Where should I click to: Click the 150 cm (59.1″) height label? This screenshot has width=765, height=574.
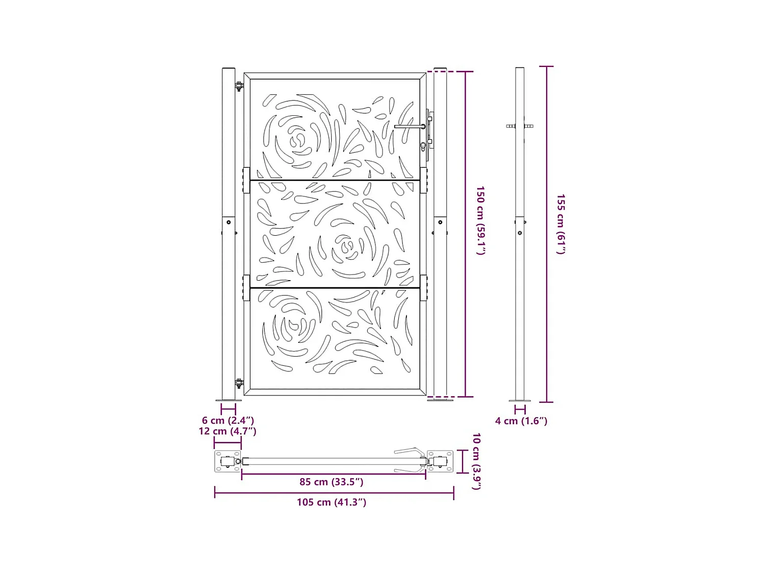[480, 220]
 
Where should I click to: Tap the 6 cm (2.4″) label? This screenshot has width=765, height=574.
[227, 420]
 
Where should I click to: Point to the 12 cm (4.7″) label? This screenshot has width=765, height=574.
[227, 431]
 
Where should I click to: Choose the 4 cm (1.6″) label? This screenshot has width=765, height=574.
[521, 421]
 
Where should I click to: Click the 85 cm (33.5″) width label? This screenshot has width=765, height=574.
[331, 482]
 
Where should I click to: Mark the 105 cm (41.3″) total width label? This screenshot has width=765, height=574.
[331, 502]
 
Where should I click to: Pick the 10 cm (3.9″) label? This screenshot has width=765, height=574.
[476, 461]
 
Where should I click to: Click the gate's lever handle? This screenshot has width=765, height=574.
[409, 127]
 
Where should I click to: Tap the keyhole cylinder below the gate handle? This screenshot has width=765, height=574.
[423, 147]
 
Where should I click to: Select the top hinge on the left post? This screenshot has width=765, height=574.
[239, 86]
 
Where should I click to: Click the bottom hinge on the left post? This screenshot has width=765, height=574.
[239, 383]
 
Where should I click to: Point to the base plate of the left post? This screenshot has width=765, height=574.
[228, 400]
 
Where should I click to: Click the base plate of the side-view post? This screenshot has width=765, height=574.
[520, 401]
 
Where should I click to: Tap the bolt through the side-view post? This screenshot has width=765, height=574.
[520, 126]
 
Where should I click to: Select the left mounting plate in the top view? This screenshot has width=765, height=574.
[227, 462]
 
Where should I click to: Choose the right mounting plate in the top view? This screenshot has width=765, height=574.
[440, 461]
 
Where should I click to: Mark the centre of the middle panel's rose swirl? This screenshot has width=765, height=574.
[348, 247]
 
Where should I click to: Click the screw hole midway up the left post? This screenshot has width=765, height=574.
[229, 222]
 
